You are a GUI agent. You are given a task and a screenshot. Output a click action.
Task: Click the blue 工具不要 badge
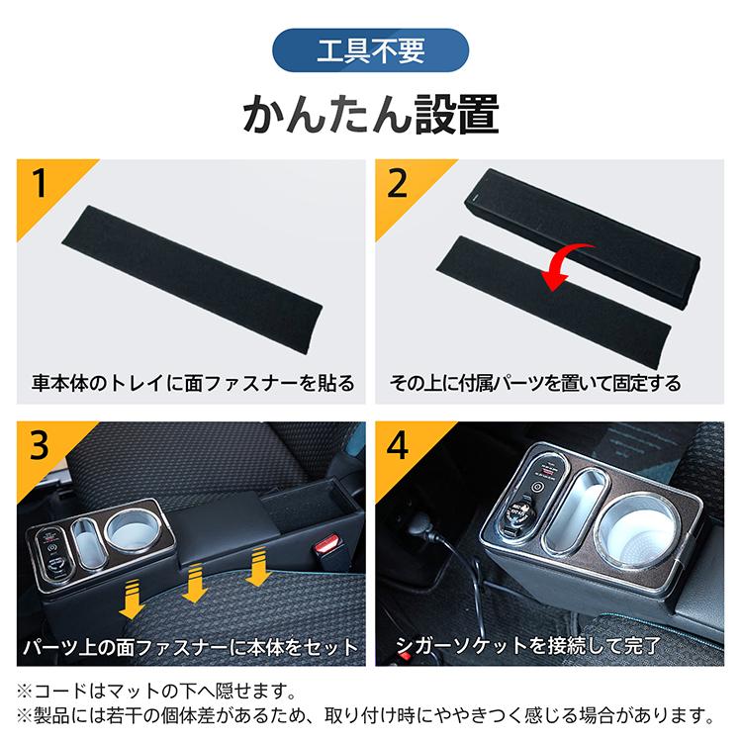[369, 49]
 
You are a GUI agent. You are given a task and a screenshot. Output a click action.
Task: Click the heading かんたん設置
[370, 114]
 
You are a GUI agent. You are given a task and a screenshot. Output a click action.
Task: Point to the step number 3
[40, 446]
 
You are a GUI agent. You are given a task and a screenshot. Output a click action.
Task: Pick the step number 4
[398, 446]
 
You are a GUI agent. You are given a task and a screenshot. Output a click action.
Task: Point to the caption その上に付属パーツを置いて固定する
[549, 383]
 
